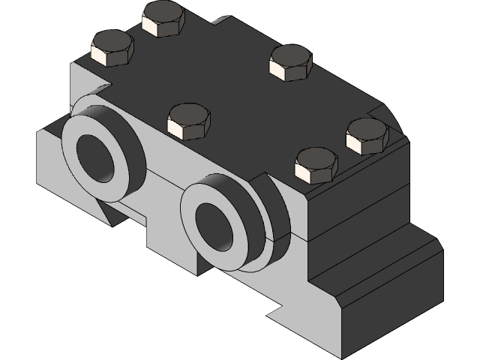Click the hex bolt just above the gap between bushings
pyautogui.click(x=188, y=121)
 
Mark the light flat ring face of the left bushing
pyautogui.click(x=75, y=161)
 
